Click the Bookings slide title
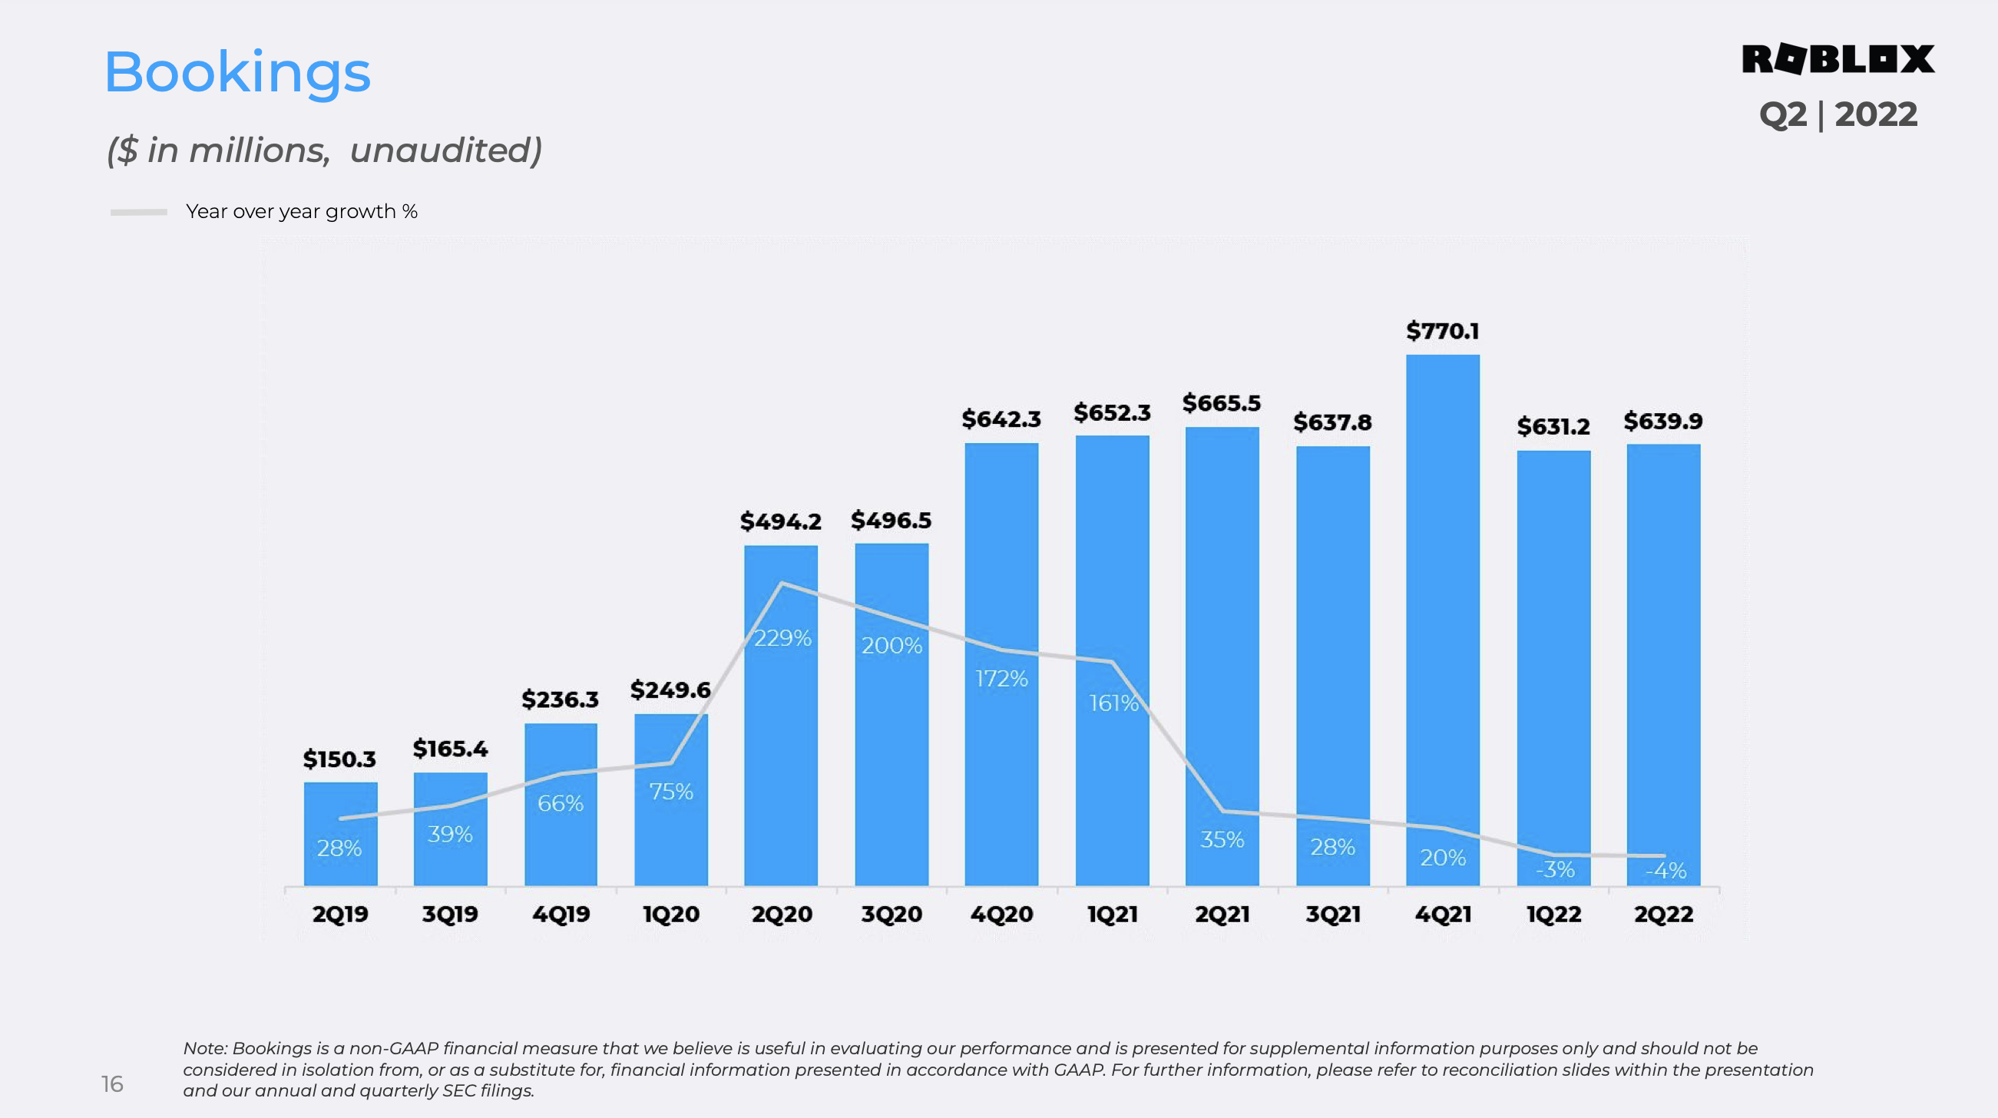click(x=237, y=72)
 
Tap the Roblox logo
click(x=1838, y=59)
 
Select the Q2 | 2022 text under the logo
click(x=1838, y=115)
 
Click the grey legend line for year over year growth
click(x=139, y=212)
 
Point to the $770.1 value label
click(x=1443, y=331)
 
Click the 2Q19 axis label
click(x=339, y=914)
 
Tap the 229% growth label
click(x=782, y=638)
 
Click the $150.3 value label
click(x=339, y=759)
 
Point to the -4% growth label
click(x=1666, y=871)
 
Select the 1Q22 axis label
click(x=1553, y=914)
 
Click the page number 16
click(x=112, y=1084)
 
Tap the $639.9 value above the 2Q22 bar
click(x=1663, y=422)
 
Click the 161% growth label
click(x=1113, y=703)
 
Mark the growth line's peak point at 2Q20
click(x=782, y=584)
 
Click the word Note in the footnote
click(x=204, y=1048)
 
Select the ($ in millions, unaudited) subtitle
click(x=324, y=150)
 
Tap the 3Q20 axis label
click(x=891, y=914)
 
